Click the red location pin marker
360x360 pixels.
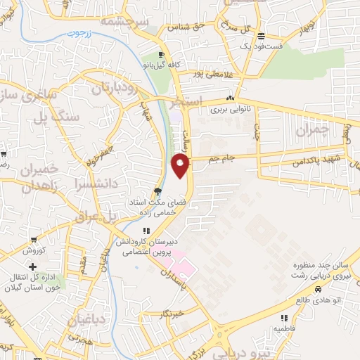coord(181,166)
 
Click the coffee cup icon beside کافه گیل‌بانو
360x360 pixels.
coord(162,55)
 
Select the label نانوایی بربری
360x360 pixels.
coord(230,110)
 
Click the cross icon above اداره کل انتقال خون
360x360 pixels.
coord(33,266)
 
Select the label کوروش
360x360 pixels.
coord(33,250)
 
